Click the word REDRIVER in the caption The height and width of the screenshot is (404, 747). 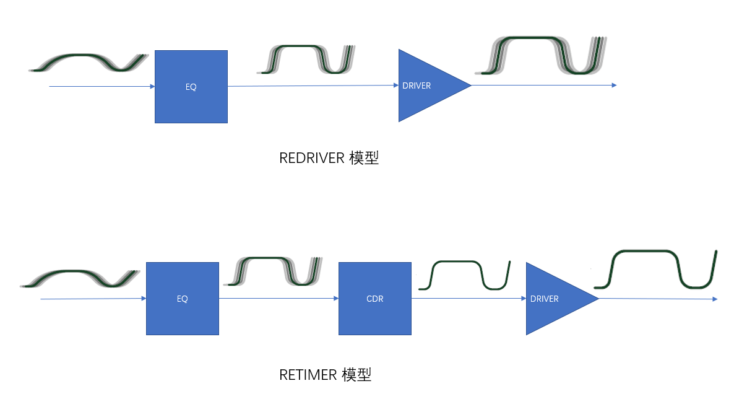pos(311,158)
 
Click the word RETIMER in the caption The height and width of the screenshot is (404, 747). pos(308,375)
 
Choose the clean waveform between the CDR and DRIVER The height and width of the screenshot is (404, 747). pos(464,275)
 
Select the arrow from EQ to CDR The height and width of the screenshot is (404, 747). pos(279,299)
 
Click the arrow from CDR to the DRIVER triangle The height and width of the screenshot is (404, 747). pos(468,299)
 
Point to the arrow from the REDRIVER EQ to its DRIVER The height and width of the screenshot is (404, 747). pos(313,86)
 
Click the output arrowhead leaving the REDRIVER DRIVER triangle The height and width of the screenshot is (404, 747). pos(614,86)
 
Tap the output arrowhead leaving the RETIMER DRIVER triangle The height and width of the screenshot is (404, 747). pos(714,299)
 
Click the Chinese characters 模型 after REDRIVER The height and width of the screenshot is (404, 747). pos(363,158)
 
